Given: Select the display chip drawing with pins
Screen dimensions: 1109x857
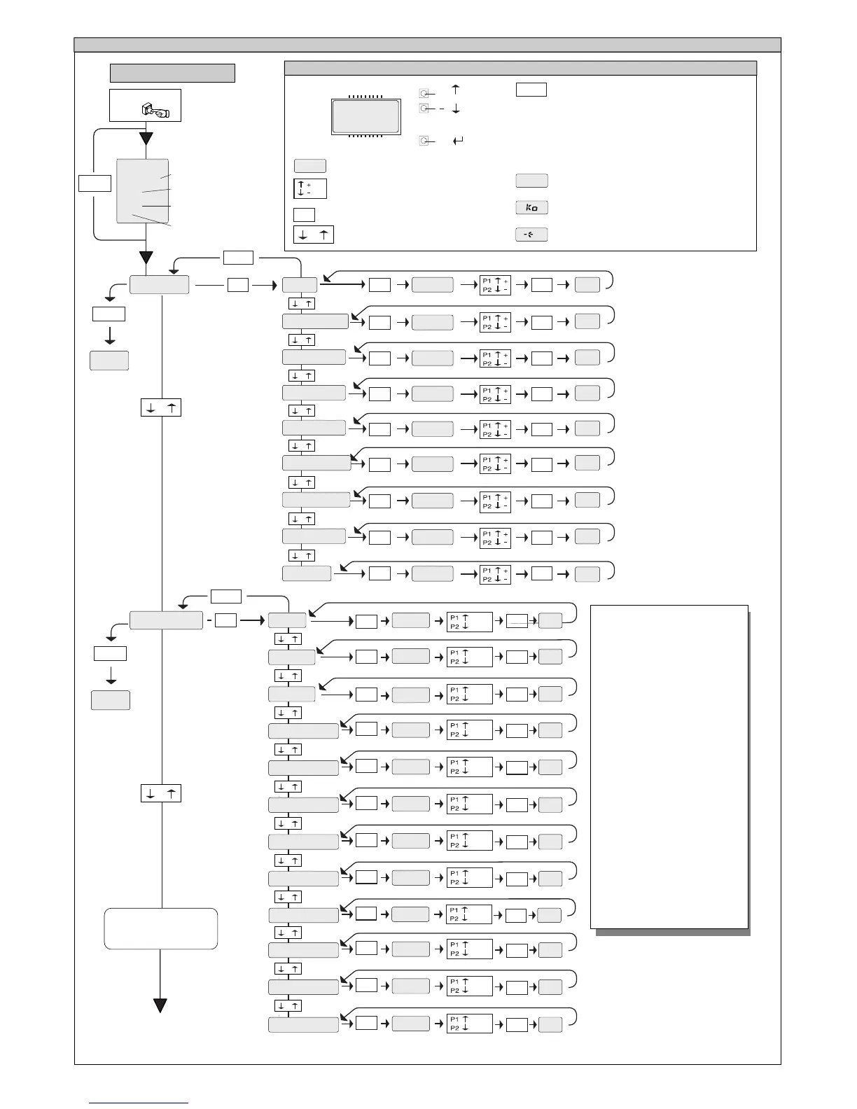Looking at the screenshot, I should click(365, 116).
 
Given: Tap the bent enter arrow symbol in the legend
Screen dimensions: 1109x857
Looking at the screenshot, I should click(458, 141).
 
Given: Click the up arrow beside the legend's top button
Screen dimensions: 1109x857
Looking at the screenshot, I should click(456, 90).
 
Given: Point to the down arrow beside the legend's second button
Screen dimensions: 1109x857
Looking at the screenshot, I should click(456, 109).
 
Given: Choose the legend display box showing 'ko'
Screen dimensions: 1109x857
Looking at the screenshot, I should click(531, 208).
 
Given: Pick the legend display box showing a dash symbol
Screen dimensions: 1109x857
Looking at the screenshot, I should click(531, 235).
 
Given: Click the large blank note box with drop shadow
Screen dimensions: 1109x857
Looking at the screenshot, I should click(669, 767).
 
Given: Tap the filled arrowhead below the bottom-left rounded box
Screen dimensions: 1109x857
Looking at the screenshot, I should click(160, 1006).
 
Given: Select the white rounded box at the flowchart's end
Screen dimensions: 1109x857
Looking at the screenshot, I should click(161, 928).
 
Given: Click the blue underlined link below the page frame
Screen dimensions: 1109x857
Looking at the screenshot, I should click(139, 1103).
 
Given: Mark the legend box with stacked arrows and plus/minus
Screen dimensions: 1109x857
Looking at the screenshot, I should click(310, 189).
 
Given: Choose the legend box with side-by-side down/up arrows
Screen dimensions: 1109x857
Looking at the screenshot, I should click(313, 235).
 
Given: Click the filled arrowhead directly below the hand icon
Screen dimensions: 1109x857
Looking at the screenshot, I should click(146, 138).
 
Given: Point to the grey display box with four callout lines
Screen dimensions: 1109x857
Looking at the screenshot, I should click(142, 191).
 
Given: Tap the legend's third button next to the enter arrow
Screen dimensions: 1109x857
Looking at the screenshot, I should click(424, 141).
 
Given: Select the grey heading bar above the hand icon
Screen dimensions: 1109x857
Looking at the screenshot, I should click(172, 73).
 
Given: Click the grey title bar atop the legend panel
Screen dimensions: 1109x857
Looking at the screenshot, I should click(520, 68).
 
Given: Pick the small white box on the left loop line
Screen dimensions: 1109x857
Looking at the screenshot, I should click(95, 183).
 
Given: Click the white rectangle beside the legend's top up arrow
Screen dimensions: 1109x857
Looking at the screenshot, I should click(531, 90).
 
